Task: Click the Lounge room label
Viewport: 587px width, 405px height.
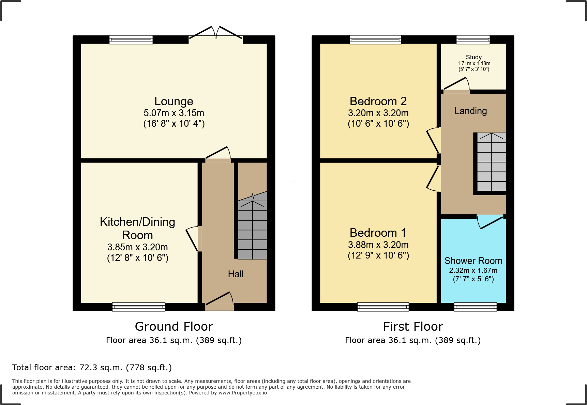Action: tap(174, 101)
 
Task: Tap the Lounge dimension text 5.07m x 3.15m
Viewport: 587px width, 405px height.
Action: tap(174, 113)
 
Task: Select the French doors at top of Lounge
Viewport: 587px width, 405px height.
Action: tap(215, 34)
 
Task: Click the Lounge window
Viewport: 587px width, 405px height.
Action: tap(131, 40)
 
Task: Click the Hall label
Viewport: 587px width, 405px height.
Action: tap(236, 274)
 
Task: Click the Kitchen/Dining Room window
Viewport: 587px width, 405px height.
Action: tap(139, 307)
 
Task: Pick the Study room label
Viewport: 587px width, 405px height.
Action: tap(473, 57)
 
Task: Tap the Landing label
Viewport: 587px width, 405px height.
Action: tap(470, 111)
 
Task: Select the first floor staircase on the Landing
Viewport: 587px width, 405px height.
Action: tap(491, 162)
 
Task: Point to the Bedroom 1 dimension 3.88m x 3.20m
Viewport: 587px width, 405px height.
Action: tap(378, 245)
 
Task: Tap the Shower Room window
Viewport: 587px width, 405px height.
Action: tap(475, 307)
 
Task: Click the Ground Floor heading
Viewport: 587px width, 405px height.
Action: tap(174, 326)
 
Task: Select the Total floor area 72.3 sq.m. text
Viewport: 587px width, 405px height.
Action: tap(92, 368)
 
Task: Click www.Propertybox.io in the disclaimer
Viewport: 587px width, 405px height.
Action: tap(242, 393)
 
